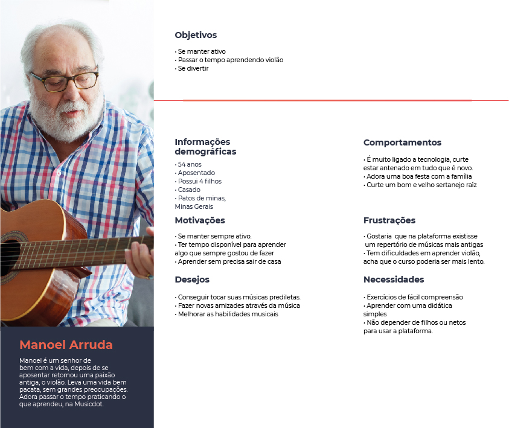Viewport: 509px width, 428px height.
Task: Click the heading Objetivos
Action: [x=196, y=36]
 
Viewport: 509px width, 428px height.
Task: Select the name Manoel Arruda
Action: [x=66, y=345]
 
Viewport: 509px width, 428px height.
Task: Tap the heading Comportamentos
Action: [x=402, y=143]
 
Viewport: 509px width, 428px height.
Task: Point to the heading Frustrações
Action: [x=389, y=220]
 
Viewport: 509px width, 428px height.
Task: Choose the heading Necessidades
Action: [x=394, y=279]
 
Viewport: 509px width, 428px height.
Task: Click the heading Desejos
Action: [x=192, y=279]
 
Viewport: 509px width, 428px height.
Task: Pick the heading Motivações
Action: [x=200, y=220]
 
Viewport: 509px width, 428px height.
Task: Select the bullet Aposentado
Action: [x=196, y=173]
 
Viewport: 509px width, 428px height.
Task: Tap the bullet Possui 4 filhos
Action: [x=199, y=181]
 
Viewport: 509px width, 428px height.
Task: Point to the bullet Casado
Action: [x=189, y=190]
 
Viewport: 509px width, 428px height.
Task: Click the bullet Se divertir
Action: [x=193, y=69]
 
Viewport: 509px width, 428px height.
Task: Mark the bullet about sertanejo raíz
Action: [x=421, y=185]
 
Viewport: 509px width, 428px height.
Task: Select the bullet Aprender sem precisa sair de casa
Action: [x=229, y=261]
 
